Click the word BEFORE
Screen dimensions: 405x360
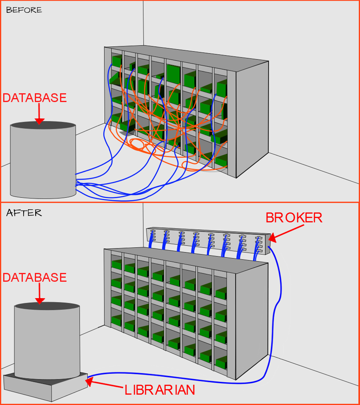24,10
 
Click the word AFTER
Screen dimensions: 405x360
24,213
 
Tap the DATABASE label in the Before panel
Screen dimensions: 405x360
34,98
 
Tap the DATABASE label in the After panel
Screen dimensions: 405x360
34,277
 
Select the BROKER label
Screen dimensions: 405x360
294,218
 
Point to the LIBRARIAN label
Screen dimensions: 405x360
160,390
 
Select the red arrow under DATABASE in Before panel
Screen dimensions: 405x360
39,114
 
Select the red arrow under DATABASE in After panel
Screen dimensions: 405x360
39,294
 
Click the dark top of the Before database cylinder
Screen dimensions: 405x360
43,125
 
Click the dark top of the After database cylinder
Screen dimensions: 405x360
47,306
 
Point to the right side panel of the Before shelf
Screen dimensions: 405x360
251,120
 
